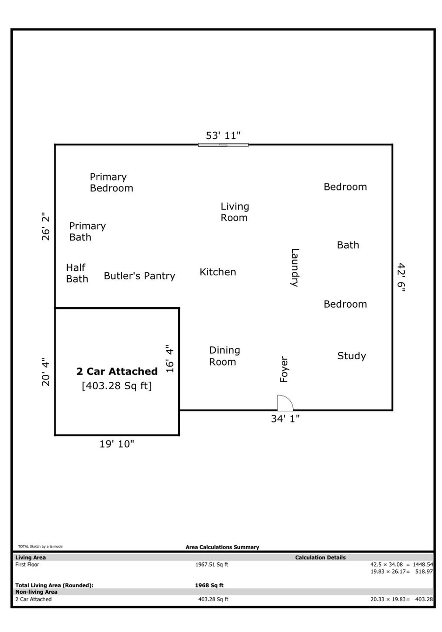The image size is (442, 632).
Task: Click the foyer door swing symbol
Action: pos(284,403)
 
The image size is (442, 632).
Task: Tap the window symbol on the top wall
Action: pos(223,145)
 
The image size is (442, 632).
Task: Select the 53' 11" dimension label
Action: pos(223,135)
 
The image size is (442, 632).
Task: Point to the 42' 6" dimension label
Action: pos(402,277)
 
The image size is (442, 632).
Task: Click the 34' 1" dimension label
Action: pos(285,419)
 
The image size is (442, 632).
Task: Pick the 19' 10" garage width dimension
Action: pos(117,444)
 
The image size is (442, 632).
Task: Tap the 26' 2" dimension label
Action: pos(46,226)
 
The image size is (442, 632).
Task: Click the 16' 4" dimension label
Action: pos(169,359)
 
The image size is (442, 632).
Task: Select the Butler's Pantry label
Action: pos(139,276)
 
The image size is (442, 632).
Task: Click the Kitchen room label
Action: pos(218,272)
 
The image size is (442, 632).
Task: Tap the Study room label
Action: pos(352,356)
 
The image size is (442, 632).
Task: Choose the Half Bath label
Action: pos(77,273)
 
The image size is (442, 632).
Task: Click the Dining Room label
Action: pos(224,356)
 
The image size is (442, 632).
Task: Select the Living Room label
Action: pos(234,212)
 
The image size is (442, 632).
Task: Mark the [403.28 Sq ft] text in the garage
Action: pos(117,386)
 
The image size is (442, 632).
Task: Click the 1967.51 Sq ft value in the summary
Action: pos(212,564)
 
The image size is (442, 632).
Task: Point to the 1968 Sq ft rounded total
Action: pos(209,585)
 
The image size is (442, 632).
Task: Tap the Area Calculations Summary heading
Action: pos(222,547)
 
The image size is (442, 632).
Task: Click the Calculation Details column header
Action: pos(320,557)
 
